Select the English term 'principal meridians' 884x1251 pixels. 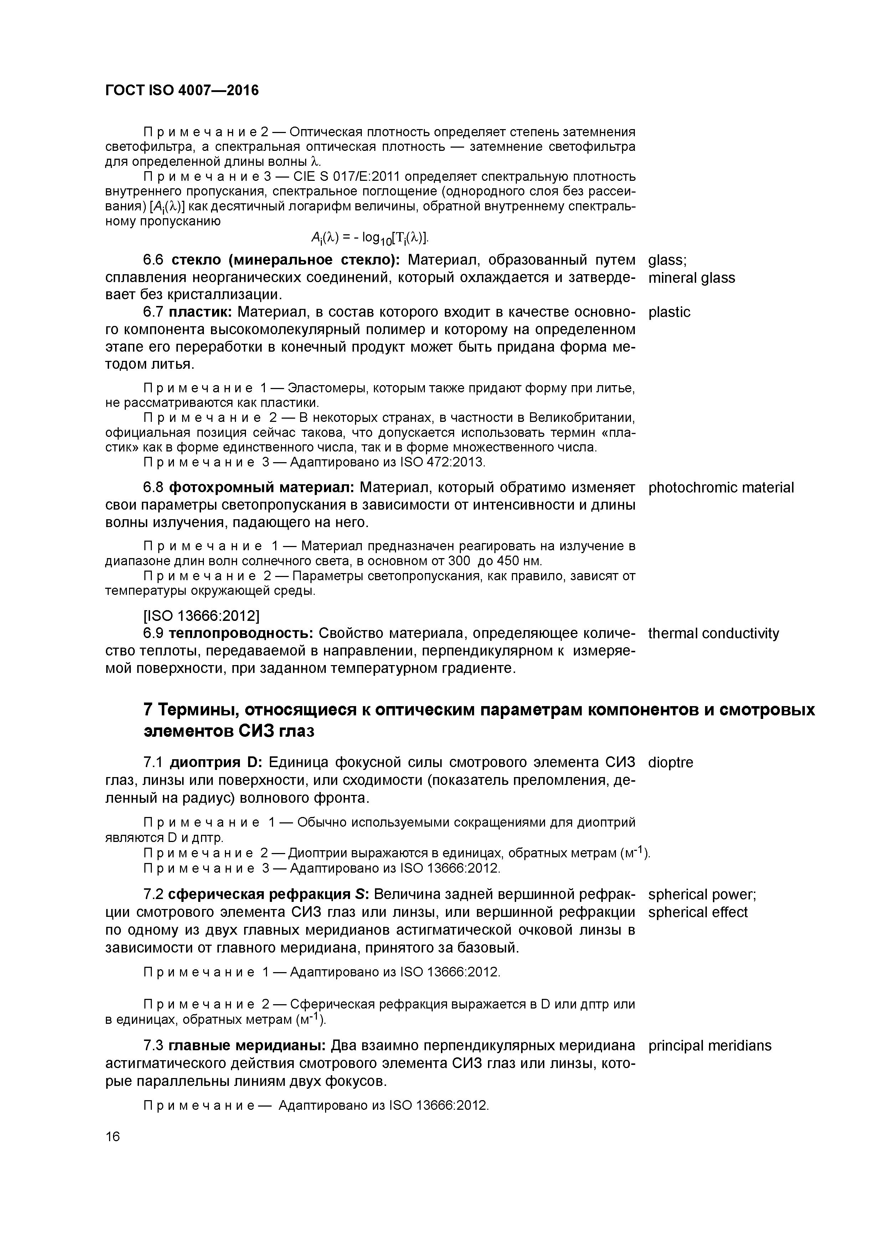click(x=710, y=1046)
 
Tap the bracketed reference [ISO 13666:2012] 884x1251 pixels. click(x=201, y=616)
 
